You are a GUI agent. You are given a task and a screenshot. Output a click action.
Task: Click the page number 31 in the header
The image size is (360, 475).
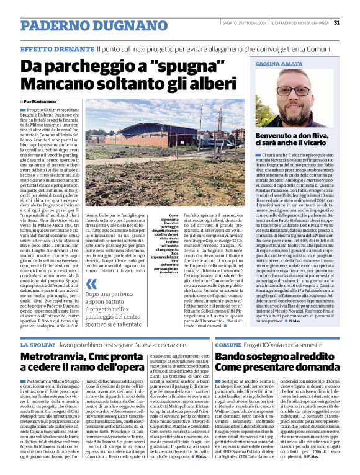[336, 23]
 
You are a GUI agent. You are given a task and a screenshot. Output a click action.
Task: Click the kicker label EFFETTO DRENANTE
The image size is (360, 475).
[56, 48]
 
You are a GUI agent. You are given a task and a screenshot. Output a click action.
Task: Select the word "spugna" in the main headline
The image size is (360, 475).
[142, 64]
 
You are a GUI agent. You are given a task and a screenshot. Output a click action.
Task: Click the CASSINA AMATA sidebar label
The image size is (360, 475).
[277, 64]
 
